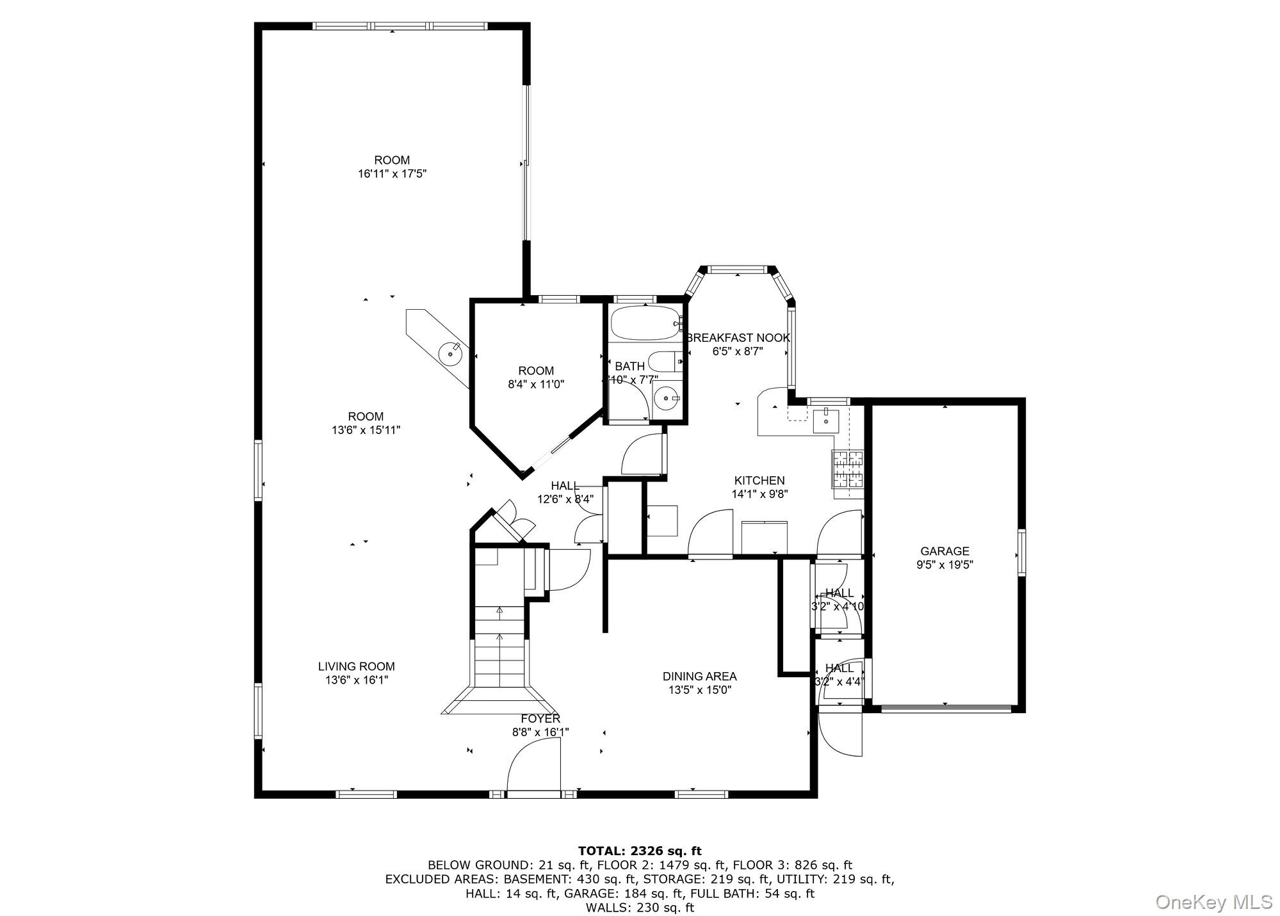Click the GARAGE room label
[x=944, y=551]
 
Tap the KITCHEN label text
[x=759, y=481]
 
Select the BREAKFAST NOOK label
[x=738, y=338]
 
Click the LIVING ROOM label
[x=356, y=666]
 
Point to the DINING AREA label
[x=699, y=677]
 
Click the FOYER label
[x=540, y=719]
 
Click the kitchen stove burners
[x=847, y=470]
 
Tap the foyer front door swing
[x=533, y=765]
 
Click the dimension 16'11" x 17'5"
[x=392, y=174]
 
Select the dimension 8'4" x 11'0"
[x=536, y=385]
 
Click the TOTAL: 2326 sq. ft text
[x=640, y=851]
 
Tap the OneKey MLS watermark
[x=1213, y=903]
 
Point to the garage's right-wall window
[x=1021, y=553]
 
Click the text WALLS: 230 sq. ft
[x=640, y=908]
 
